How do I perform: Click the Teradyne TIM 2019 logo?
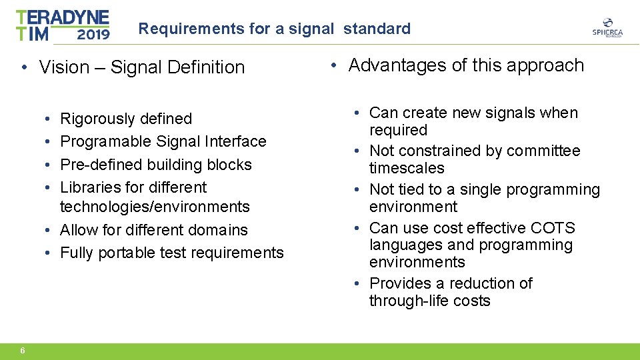63,25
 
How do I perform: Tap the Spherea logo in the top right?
607,29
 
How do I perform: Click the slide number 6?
23,351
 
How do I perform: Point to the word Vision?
64,67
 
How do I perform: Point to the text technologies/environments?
155,207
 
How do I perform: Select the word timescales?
407,169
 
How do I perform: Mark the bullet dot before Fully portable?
51,253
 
